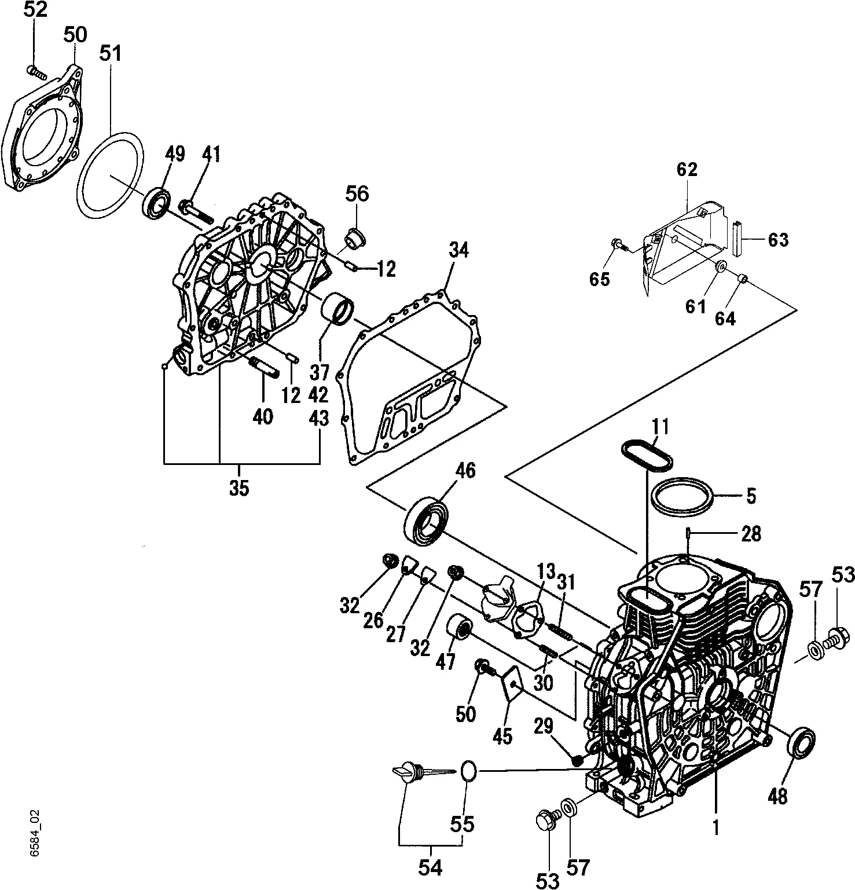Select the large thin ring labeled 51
click(x=80, y=174)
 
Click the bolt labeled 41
click(x=196, y=214)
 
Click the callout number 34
click(x=458, y=250)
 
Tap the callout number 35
click(x=238, y=488)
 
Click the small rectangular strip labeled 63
click(x=736, y=238)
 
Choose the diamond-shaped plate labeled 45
click(x=512, y=684)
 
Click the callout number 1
click(x=715, y=828)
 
